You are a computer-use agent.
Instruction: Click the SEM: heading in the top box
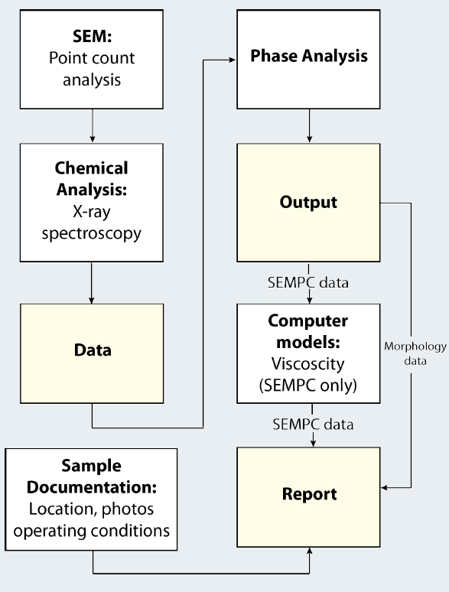92,36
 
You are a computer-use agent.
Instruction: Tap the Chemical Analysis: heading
92,177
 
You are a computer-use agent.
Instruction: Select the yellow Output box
308,204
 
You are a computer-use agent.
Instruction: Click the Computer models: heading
308,330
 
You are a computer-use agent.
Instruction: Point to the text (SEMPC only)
308,385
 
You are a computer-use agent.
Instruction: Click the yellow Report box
308,495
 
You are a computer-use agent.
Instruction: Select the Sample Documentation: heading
92,476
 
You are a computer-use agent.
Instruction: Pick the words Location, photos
92,509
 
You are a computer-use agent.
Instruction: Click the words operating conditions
92,529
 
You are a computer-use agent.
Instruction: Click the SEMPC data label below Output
308,283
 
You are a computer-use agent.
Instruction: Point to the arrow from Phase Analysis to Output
308,126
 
